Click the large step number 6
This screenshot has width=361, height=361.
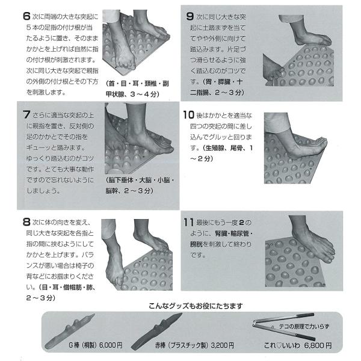click(x=26, y=16)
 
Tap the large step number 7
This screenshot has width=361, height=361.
click(x=26, y=114)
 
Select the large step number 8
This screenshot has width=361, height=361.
click(x=26, y=222)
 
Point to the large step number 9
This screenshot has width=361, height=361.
click(x=190, y=16)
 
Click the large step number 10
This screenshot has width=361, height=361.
click(x=189, y=115)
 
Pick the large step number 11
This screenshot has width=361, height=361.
click(x=188, y=223)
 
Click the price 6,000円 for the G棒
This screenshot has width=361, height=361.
click(x=111, y=345)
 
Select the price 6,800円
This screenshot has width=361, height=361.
click(x=318, y=345)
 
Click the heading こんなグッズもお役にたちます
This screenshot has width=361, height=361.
click(x=196, y=306)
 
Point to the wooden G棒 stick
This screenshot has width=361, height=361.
click(x=69, y=332)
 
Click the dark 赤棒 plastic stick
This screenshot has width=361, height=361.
click(x=156, y=332)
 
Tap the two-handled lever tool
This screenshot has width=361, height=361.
click(x=283, y=326)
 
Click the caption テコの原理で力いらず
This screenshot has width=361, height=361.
click(x=304, y=327)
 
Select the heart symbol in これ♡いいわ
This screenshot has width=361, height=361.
click(x=279, y=345)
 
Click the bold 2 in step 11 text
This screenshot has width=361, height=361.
click(x=241, y=223)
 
